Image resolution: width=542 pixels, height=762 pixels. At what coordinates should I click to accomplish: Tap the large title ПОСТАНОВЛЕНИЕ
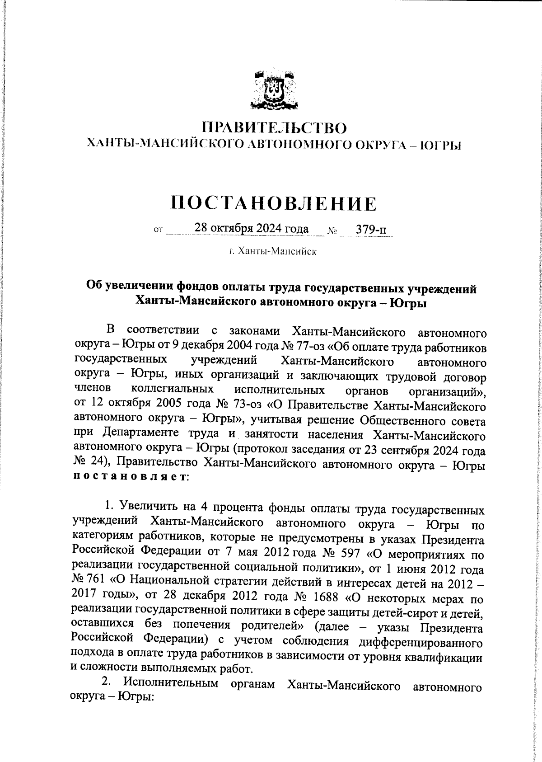coord(274,204)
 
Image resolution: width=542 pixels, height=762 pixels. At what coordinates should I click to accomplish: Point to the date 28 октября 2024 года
coord(251,229)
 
